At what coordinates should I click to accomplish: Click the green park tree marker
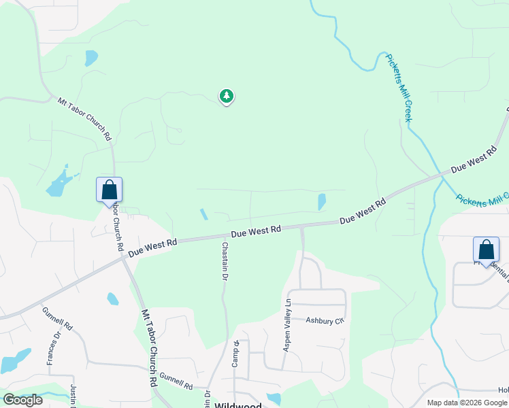pyautogui.click(x=227, y=97)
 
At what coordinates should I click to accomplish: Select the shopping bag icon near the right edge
pyautogui.click(x=486, y=250)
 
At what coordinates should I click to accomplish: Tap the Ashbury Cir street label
pyautogui.click(x=325, y=320)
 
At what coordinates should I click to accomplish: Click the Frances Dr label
pyautogui.click(x=51, y=349)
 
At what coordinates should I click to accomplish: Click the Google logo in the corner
pyautogui.click(x=22, y=400)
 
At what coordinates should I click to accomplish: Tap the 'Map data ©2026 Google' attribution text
pyautogui.click(x=467, y=403)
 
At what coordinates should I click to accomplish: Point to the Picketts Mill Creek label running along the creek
pyautogui.click(x=399, y=87)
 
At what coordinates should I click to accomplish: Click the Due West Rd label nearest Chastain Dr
pyautogui.click(x=256, y=231)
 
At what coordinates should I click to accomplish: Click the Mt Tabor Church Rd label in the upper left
pyautogui.click(x=84, y=118)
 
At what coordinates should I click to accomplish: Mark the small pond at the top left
pyautogui.click(x=91, y=58)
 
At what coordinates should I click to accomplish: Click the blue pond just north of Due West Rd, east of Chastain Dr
pyautogui.click(x=321, y=201)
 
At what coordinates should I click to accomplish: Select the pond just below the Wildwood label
pyautogui.click(x=274, y=398)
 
